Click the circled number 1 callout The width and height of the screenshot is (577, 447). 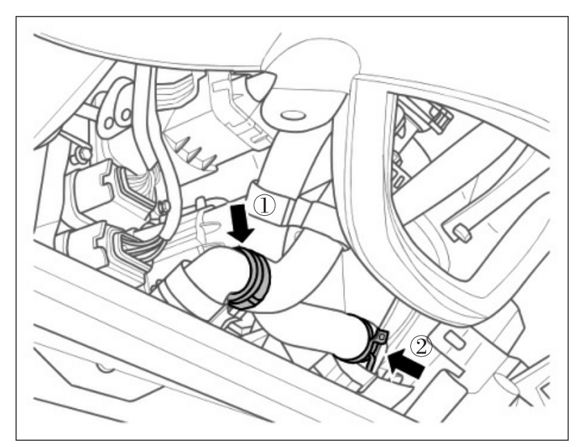pos(264,206)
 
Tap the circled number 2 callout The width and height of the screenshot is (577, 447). pos(421,346)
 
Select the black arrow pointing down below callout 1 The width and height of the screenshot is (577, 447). pos(240,223)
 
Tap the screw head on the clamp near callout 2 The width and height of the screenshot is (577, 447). pos(383,335)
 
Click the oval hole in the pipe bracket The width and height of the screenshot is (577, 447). pos(293,116)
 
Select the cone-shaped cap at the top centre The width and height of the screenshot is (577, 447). pos(261,86)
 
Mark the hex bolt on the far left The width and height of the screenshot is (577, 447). pos(82,154)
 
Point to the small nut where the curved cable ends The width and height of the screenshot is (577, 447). pos(165,208)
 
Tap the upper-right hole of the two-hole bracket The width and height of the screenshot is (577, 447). pos(126,114)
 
